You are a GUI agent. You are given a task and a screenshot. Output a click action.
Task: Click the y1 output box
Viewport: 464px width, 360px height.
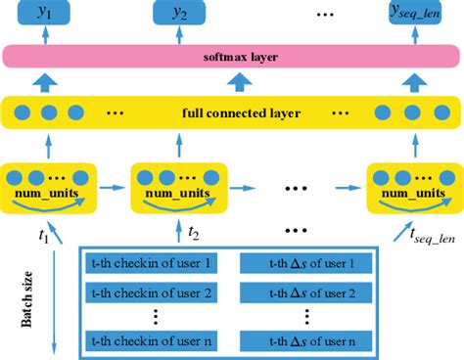pos(44,15)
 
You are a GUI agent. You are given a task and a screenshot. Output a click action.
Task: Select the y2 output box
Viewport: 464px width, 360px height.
pos(181,15)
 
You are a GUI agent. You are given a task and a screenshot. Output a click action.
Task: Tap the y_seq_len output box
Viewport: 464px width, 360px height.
pos(408,15)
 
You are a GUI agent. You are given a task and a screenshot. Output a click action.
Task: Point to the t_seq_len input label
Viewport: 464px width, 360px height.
pos(427,235)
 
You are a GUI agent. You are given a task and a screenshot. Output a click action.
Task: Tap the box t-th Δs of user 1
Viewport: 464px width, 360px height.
pos(305,263)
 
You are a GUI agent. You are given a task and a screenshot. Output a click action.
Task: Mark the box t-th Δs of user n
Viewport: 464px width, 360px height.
pos(305,338)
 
